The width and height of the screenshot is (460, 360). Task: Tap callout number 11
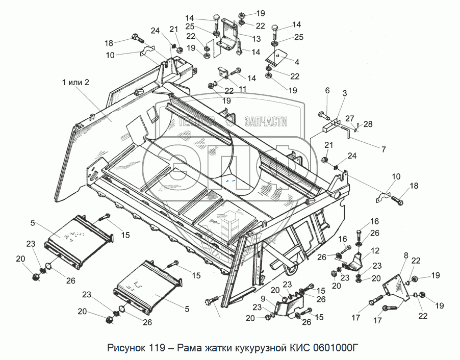243,88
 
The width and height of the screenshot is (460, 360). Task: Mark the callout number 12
375,250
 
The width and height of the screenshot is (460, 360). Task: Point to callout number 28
368,124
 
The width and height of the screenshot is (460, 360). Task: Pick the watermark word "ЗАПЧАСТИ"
266,121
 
